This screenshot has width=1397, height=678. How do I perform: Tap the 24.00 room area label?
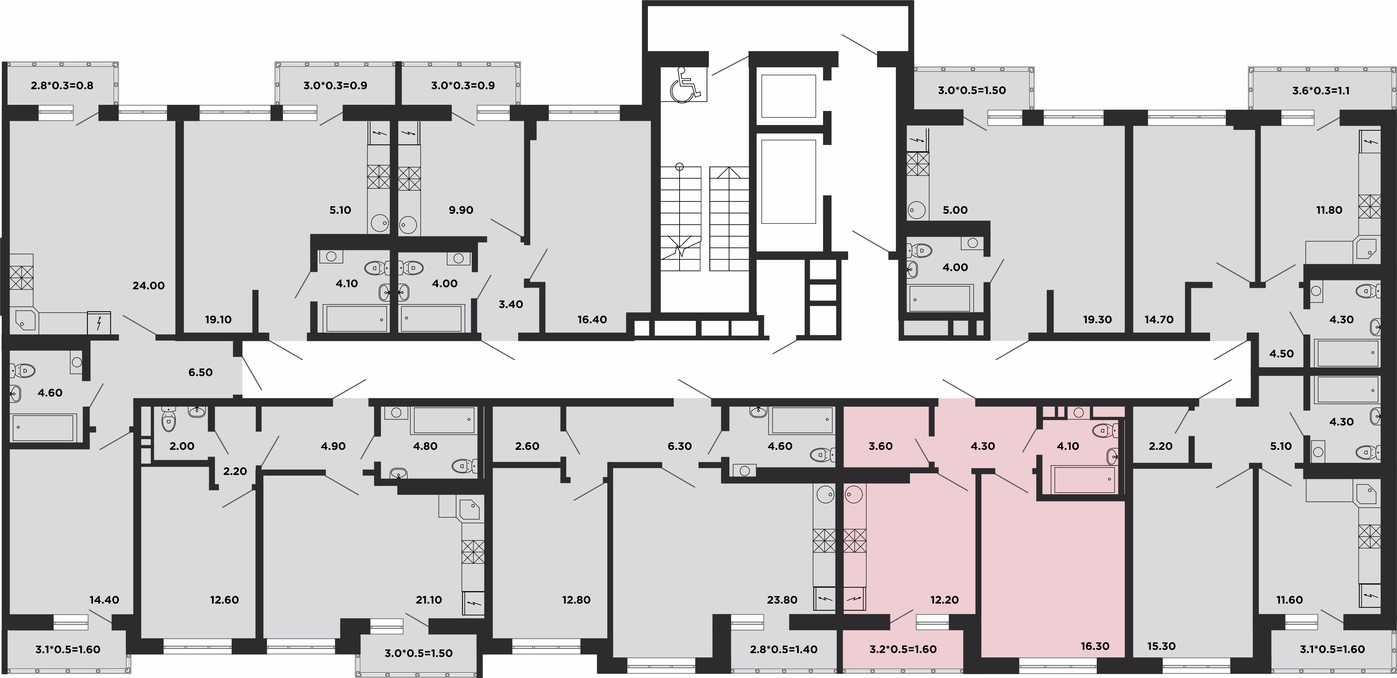tap(149, 286)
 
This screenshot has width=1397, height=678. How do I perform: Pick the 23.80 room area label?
tap(782, 600)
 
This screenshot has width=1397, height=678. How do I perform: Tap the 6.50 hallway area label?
tap(201, 372)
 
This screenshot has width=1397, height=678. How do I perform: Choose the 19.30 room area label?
tap(1097, 320)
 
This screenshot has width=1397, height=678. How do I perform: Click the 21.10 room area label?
tap(428, 600)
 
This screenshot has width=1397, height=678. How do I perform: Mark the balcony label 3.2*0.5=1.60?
tap(903, 649)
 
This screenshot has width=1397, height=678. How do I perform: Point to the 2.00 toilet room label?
tap(182, 446)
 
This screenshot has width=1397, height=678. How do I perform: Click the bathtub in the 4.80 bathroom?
tap(444, 420)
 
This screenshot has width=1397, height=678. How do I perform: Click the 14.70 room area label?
tap(1159, 320)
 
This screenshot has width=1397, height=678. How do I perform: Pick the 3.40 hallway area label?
tap(511, 305)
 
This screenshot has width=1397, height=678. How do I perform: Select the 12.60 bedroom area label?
tap(224, 600)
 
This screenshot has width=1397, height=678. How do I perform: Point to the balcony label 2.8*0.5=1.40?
tap(784, 649)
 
